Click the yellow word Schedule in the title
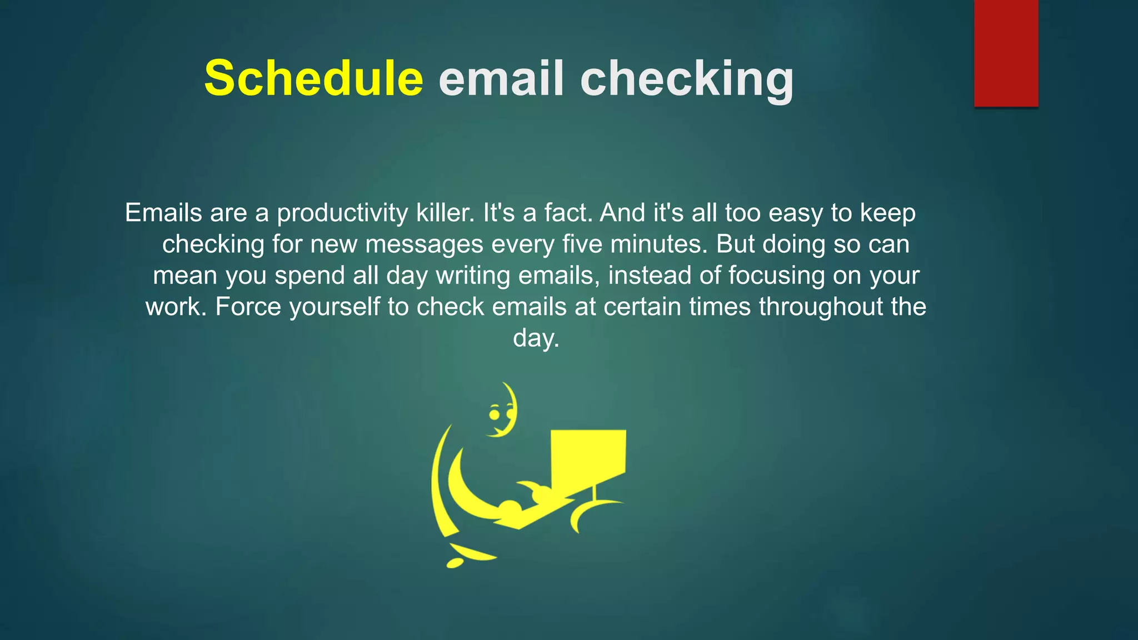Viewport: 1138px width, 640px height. coord(313,78)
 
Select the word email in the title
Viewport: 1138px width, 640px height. coord(502,78)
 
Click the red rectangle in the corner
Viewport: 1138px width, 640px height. coord(1006,53)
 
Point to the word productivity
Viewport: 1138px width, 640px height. coord(342,213)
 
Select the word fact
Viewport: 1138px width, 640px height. coord(568,213)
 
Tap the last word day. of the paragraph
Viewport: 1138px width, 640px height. coord(536,338)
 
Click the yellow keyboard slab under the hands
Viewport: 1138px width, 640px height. coord(533,517)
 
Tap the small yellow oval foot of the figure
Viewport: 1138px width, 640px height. coord(455,563)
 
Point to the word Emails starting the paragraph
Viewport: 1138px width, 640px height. coord(163,213)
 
